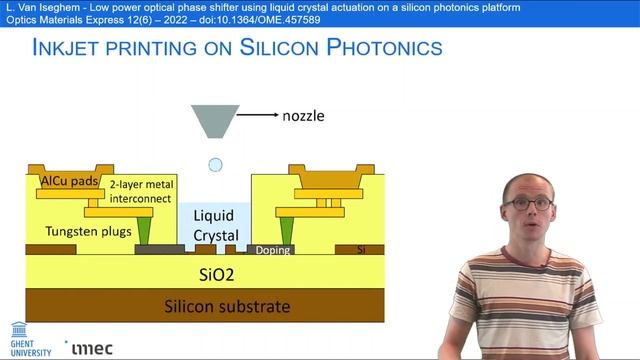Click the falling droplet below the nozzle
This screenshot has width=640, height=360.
click(x=215, y=165)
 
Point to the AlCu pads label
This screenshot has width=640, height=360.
click(x=69, y=181)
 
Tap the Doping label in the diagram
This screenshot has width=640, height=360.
click(x=273, y=250)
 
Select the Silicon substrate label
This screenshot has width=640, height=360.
click(x=227, y=306)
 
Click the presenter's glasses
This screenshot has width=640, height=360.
click(x=526, y=203)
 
